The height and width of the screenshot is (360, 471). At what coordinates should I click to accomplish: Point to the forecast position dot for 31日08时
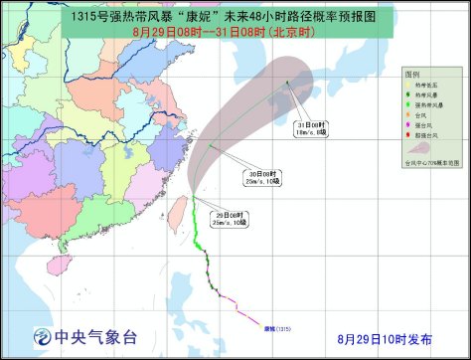click(x=286, y=83)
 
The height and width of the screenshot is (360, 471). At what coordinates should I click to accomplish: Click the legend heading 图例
click(x=411, y=75)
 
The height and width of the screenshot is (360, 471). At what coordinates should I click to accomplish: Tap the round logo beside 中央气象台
click(x=44, y=334)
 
